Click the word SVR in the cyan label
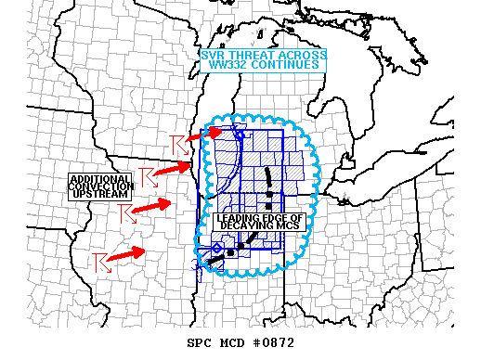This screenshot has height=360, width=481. (214, 56)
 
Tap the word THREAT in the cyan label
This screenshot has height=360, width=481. (250, 56)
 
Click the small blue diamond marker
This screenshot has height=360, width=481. (216, 248)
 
